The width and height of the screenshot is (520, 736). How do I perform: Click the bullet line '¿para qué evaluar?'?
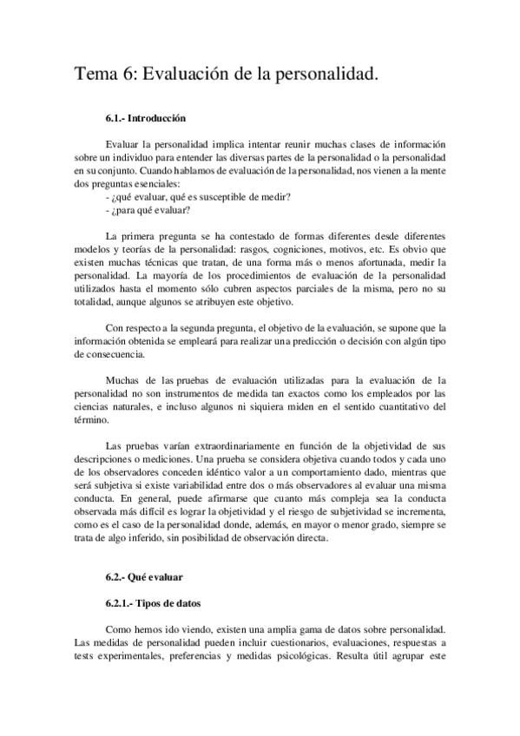tap(148, 211)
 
